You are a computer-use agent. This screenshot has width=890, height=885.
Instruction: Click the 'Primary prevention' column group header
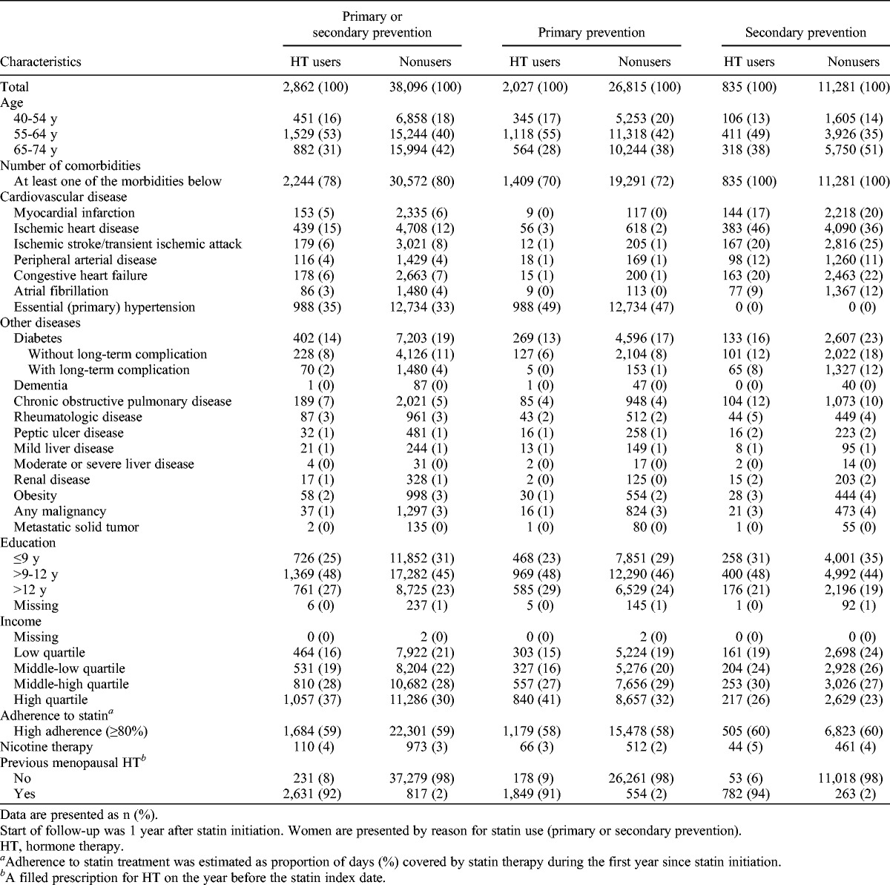pyautogui.click(x=591, y=33)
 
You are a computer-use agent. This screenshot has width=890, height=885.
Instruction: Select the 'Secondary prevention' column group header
pyautogui.click(x=805, y=33)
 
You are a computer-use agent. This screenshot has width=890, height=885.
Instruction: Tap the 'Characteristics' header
pyautogui.click(x=41, y=62)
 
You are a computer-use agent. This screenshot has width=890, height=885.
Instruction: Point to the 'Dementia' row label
pyautogui.click(x=41, y=386)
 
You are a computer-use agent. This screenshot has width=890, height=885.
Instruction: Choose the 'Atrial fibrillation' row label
pyautogui.click(x=61, y=292)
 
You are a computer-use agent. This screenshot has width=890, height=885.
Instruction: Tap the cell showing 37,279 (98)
pyautogui.click(x=422, y=779)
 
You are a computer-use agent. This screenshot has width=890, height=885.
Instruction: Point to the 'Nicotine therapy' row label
pyautogui.click(x=47, y=747)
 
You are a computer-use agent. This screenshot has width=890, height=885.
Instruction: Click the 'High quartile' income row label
pyautogui.click(x=50, y=700)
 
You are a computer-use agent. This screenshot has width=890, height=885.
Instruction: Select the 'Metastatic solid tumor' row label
pyautogui.click(x=76, y=527)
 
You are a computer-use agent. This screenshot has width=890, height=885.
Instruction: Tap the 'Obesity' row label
pyautogui.click(x=36, y=496)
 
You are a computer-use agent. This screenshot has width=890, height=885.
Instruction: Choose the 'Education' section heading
pyautogui.click(x=28, y=543)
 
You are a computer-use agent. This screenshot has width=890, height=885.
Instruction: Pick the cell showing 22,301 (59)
pyautogui.click(x=422, y=731)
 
